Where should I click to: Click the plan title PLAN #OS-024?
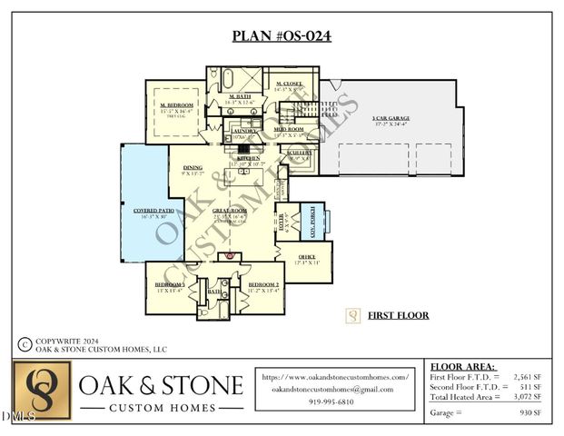click(282, 36)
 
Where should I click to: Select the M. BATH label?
click(240, 95)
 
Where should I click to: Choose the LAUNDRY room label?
click(244, 130)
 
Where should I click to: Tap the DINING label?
click(192, 167)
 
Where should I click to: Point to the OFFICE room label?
click(306, 258)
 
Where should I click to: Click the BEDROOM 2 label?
click(263, 284)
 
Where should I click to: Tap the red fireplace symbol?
click(230, 256)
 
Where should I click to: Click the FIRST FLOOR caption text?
click(397, 316)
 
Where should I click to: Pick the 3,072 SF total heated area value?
click(530, 397)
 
